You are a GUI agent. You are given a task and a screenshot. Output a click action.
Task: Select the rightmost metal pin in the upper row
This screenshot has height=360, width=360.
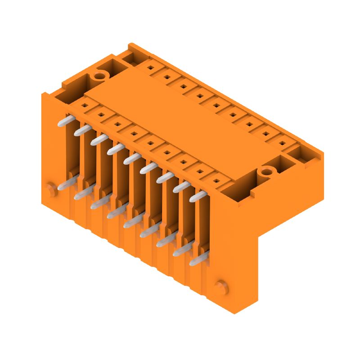click(198, 196)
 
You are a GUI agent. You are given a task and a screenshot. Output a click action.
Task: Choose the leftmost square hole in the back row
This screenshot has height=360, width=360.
click(150, 67)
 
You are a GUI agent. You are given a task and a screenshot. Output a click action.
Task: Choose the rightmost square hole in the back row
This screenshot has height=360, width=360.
click(283, 143)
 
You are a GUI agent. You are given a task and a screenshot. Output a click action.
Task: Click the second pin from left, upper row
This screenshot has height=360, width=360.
click(83, 129)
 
